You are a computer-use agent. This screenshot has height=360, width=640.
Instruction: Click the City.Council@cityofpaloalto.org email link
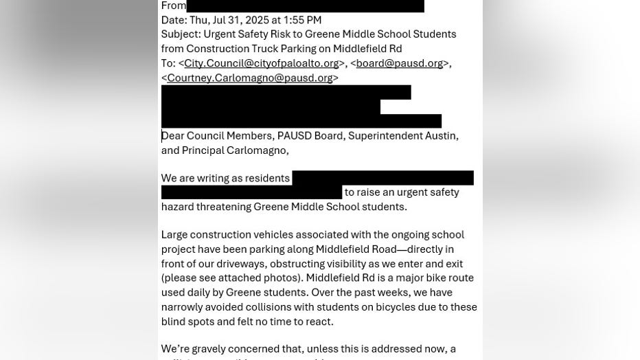261,63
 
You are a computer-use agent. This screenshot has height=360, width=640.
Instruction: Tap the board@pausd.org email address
399,63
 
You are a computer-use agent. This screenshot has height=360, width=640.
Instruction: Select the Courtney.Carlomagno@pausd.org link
250,78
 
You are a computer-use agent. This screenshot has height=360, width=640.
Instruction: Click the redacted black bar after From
305,5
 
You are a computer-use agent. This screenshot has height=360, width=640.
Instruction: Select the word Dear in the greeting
173,136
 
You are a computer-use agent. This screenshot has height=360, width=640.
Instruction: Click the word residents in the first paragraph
267,179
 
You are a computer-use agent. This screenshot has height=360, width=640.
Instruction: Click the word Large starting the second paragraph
176,235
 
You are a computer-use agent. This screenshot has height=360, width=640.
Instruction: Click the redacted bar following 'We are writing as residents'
382,179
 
